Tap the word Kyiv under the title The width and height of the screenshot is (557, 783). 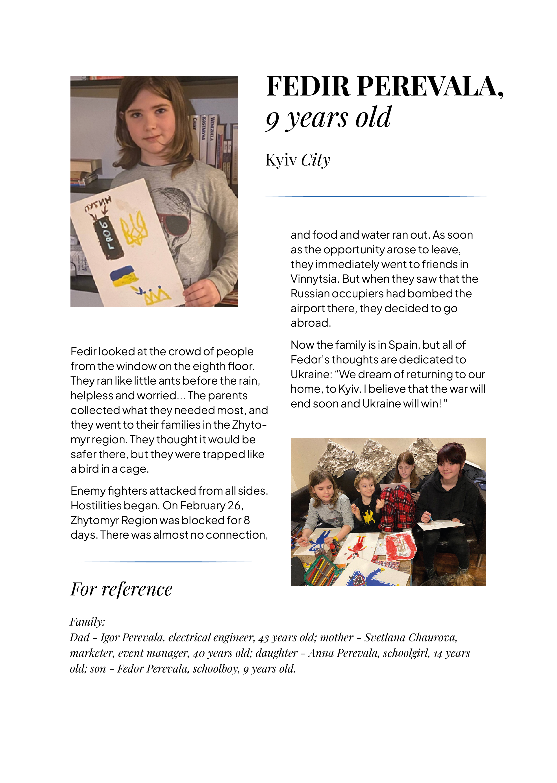[x=281, y=160]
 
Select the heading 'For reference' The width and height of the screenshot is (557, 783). [x=121, y=589]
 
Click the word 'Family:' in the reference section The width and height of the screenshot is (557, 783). [x=87, y=621]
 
